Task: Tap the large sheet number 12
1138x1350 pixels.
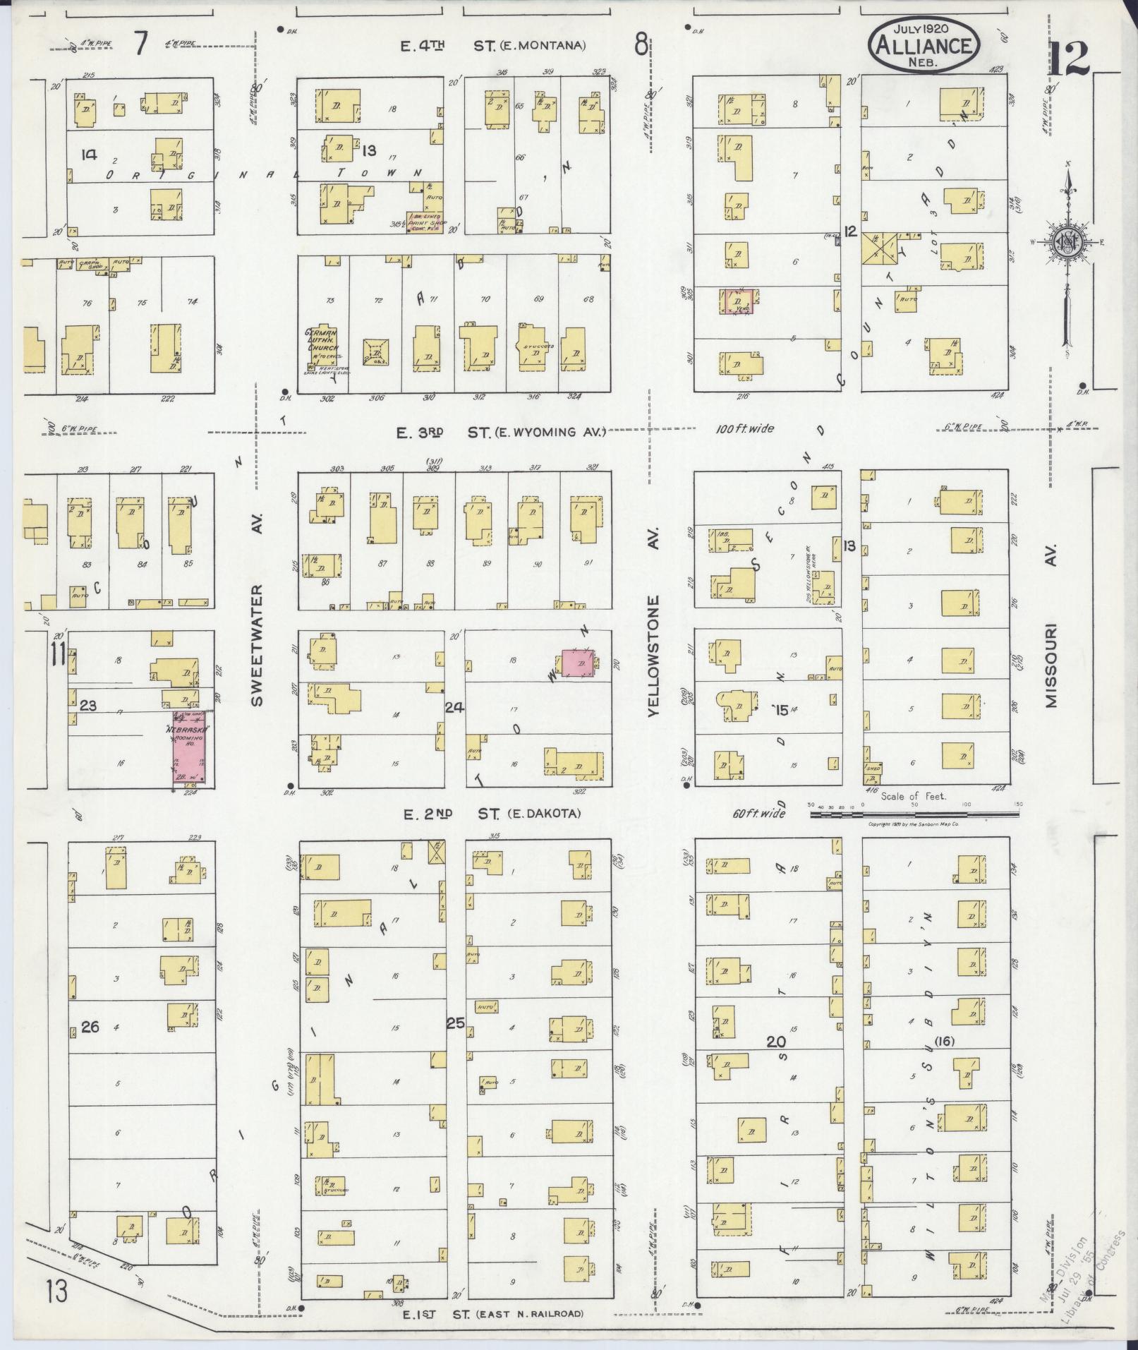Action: (1068, 59)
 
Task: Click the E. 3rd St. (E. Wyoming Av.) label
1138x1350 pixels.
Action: (501, 433)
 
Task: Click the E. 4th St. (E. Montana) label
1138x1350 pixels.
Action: (492, 47)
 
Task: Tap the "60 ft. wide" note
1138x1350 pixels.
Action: (757, 814)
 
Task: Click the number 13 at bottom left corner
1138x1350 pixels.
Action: (58, 1294)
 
